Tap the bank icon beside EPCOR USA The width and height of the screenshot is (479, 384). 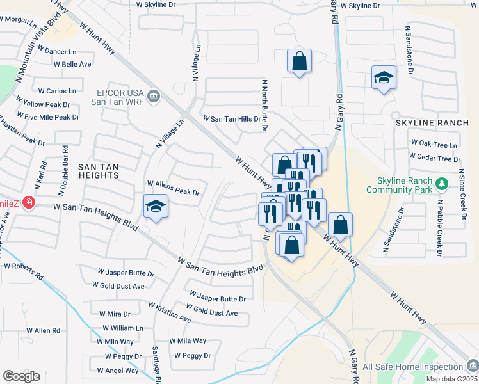pos(153,97)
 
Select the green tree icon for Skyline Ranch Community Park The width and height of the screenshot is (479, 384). pos(441,184)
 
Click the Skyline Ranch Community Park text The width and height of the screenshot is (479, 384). pos(400,184)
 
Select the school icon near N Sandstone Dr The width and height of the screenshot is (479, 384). pos(383,77)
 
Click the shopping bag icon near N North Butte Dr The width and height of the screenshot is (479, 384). pos(299,61)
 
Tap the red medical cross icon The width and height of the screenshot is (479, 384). pos(28,203)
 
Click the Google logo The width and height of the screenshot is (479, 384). pos(21,376)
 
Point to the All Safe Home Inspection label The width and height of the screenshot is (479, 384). pos(412,367)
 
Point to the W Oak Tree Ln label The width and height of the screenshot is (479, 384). pos(434,145)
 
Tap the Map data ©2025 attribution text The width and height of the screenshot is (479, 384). pos(451,379)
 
